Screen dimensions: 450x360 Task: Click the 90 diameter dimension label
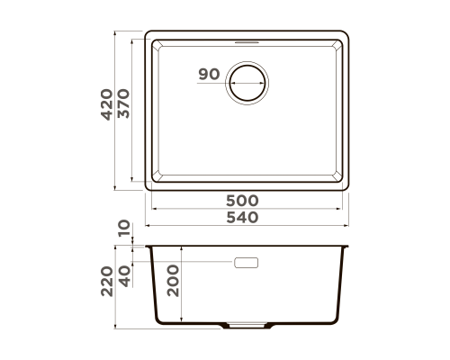click(209, 74)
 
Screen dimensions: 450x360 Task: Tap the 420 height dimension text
click(107, 104)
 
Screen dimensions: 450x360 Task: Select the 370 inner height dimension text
click(123, 103)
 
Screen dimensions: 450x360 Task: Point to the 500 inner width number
click(242, 201)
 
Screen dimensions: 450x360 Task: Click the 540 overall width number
click(242, 218)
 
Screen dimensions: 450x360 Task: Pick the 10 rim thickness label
click(124, 229)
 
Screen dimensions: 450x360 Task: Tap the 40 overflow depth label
click(124, 276)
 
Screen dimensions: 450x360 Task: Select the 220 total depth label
click(107, 282)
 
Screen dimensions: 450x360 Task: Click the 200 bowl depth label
click(173, 281)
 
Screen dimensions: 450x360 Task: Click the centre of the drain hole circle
click(247, 83)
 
